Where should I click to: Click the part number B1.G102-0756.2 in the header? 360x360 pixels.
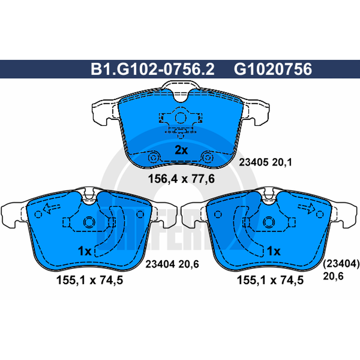click(153, 69)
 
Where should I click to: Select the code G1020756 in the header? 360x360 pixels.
click(273, 69)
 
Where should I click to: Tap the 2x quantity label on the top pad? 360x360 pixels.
click(181, 150)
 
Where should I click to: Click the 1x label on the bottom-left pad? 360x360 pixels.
click(85, 251)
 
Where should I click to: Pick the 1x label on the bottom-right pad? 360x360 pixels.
click(274, 251)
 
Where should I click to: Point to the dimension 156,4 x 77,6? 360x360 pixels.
click(181, 179)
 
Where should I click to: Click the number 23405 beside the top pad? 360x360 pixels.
click(253, 162)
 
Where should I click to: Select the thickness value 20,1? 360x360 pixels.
click(282, 162)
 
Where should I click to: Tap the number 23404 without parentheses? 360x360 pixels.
click(160, 264)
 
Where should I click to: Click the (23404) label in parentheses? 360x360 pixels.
click(341, 264)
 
